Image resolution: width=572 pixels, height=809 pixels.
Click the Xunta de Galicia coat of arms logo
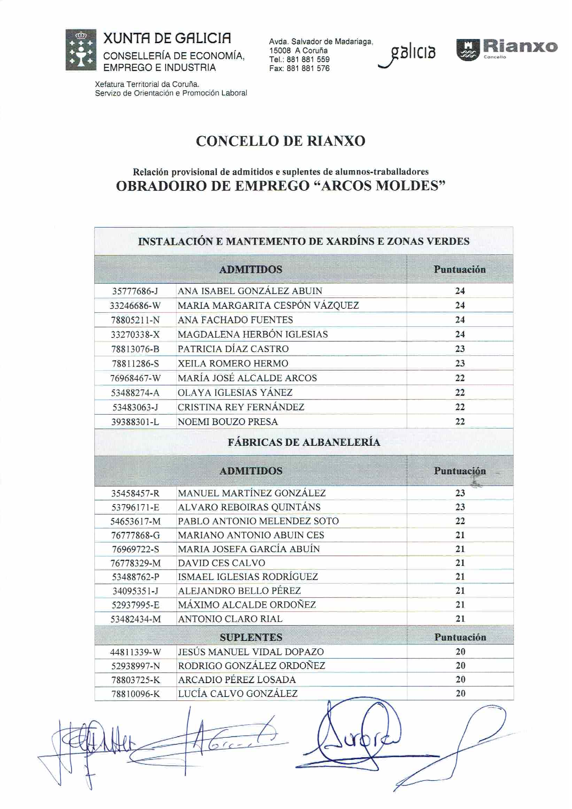pyautogui.click(x=81, y=50)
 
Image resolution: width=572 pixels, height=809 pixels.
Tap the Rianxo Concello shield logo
pyautogui.click(x=468, y=50)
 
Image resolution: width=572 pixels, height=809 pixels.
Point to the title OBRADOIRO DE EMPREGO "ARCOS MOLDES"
pyautogui.click(x=281, y=186)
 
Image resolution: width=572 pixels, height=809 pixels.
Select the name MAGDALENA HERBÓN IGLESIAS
pyautogui.click(x=253, y=334)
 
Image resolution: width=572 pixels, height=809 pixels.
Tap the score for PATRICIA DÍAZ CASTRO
pyautogui.click(x=460, y=349)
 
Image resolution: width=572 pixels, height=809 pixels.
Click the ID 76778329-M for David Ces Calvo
pyautogui.click(x=136, y=563)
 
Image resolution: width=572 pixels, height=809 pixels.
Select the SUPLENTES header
pyautogui.click(x=251, y=637)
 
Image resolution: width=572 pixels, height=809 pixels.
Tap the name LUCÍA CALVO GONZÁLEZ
pyautogui.click(x=238, y=694)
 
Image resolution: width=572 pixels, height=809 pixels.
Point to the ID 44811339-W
pyautogui.click(x=136, y=652)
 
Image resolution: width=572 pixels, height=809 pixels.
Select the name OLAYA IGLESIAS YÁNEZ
pyautogui.click(x=235, y=393)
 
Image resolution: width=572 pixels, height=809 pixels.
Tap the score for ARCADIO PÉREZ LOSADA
pyautogui.click(x=460, y=680)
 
